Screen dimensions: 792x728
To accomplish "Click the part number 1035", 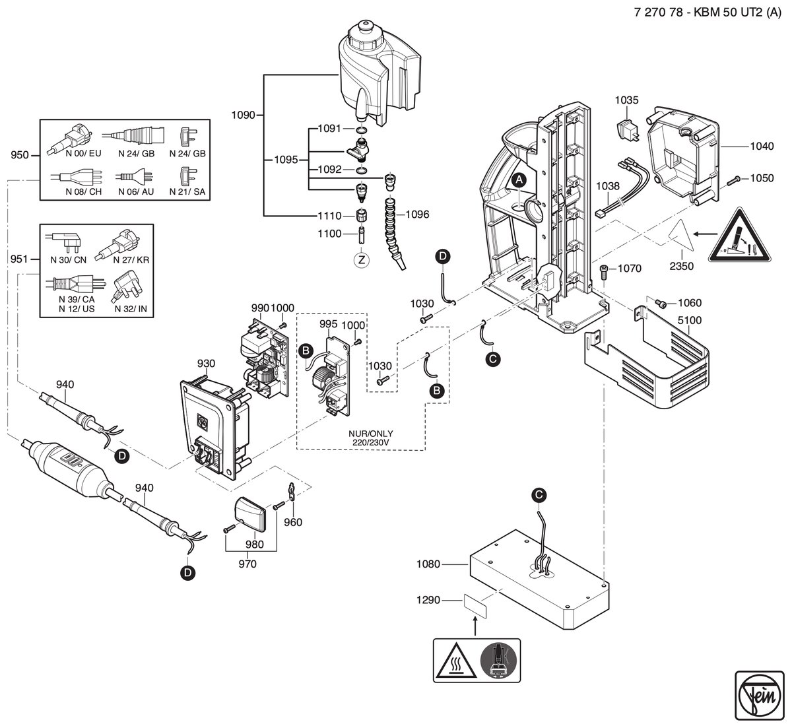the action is (x=626, y=100).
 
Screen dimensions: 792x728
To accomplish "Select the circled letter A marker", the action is (x=519, y=180).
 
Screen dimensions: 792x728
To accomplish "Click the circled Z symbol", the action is (x=361, y=260).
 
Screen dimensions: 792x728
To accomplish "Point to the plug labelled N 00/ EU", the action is (x=70, y=139).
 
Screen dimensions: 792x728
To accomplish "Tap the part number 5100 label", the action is (x=690, y=320).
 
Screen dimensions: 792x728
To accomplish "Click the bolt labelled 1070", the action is (x=604, y=272).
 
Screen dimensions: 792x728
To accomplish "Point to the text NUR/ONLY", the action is (x=371, y=434).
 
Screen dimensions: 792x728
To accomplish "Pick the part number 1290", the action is (x=428, y=600).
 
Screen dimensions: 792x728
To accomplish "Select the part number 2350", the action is (x=682, y=266).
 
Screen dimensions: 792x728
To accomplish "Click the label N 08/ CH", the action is (x=83, y=191).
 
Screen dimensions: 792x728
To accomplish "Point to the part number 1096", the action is (x=417, y=215).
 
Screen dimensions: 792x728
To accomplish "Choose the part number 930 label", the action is (x=206, y=364).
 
